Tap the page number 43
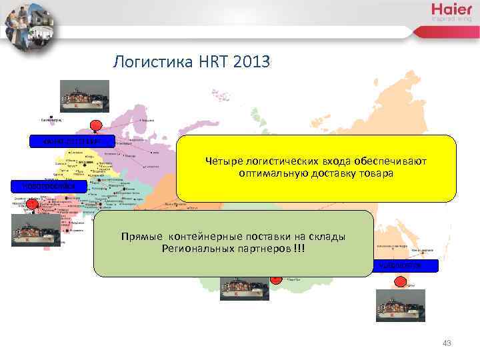tap(447, 343)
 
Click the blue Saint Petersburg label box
tap(73, 141)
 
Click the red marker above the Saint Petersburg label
tap(96, 125)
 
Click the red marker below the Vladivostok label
tap(400, 281)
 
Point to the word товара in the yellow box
tap(379, 173)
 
